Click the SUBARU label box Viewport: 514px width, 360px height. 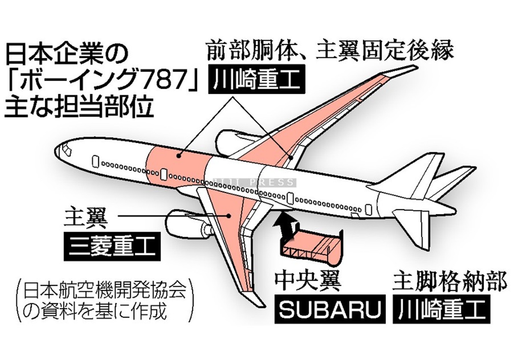[x=330, y=309]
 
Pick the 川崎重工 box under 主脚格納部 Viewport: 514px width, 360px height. [x=441, y=309]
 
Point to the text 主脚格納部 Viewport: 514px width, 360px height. [x=441, y=283]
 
